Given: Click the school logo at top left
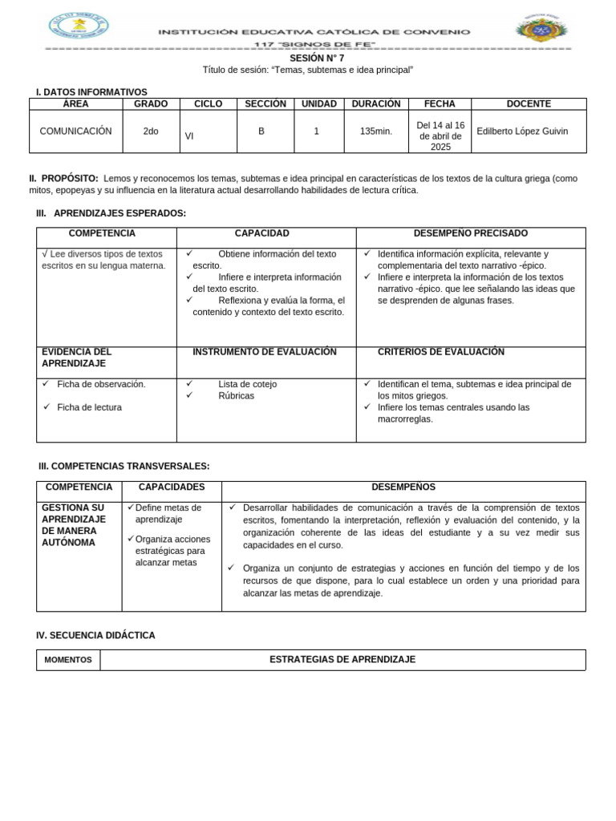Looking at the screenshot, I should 79,26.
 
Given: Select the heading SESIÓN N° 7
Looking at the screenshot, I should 308,59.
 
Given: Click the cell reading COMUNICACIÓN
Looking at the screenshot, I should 75,131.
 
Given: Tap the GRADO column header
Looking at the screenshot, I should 151,104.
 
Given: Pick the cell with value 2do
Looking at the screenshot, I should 151,131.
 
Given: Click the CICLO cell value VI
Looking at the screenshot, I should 189,135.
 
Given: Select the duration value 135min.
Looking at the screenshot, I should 376,131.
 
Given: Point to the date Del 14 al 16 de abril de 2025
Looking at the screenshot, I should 440,135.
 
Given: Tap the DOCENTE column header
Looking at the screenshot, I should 529,104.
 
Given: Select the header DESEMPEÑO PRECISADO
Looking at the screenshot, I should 470,233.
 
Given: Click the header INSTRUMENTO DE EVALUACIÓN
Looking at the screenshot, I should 265,352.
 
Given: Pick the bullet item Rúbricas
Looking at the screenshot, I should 236,396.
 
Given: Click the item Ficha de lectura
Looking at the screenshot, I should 89,407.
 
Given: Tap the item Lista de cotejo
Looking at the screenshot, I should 247,384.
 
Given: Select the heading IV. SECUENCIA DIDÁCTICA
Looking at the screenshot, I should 95,635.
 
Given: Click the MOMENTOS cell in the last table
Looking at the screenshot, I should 67,660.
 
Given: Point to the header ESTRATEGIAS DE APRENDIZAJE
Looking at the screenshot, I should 342,659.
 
